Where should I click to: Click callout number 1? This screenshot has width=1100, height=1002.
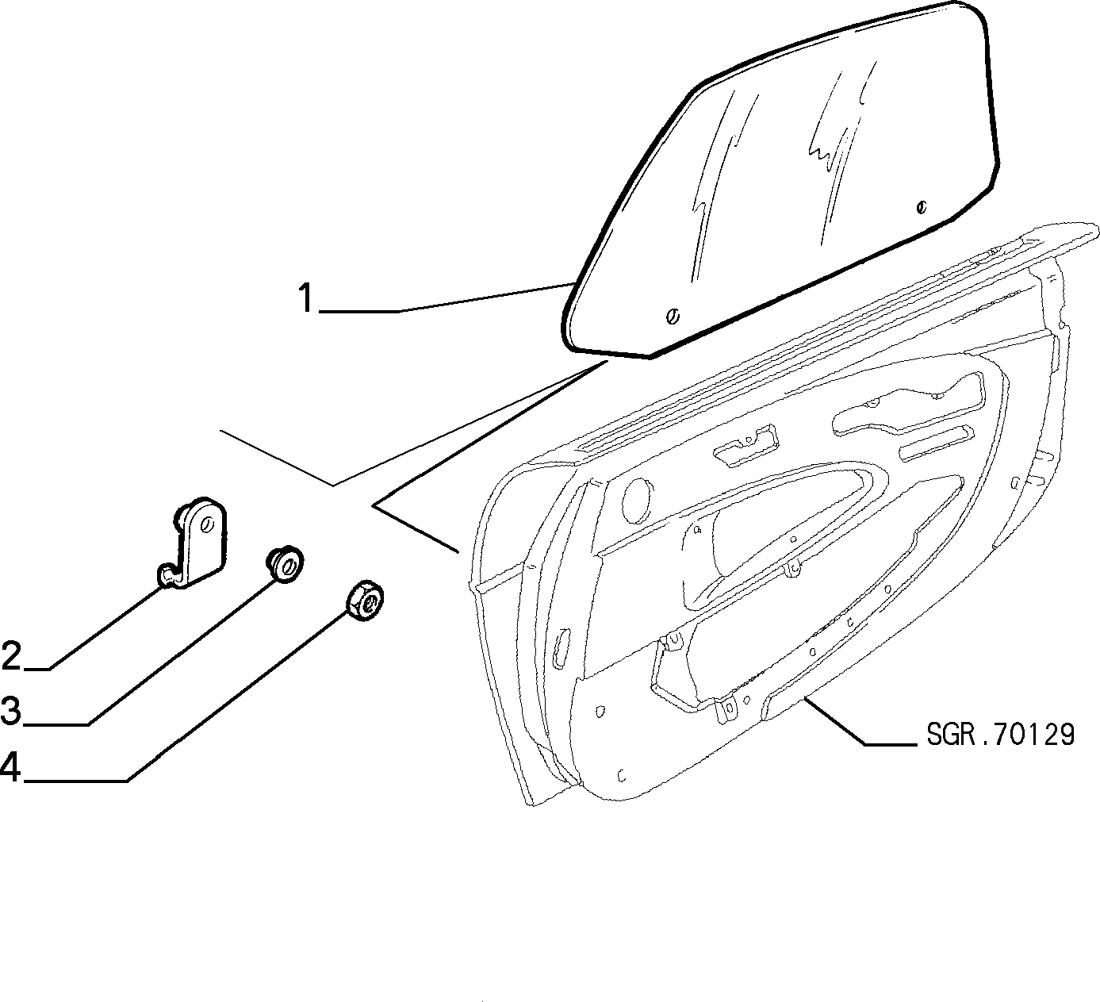[306, 298]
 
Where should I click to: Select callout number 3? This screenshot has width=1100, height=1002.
[11, 710]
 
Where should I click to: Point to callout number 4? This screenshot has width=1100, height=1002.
[11, 766]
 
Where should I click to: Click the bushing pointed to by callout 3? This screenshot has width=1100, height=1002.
[286, 565]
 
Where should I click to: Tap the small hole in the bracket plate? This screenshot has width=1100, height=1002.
[207, 524]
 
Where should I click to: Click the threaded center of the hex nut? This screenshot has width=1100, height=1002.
[373, 605]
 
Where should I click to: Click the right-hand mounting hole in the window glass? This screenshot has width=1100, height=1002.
[922, 207]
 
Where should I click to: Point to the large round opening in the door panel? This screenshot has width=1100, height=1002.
[637, 500]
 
